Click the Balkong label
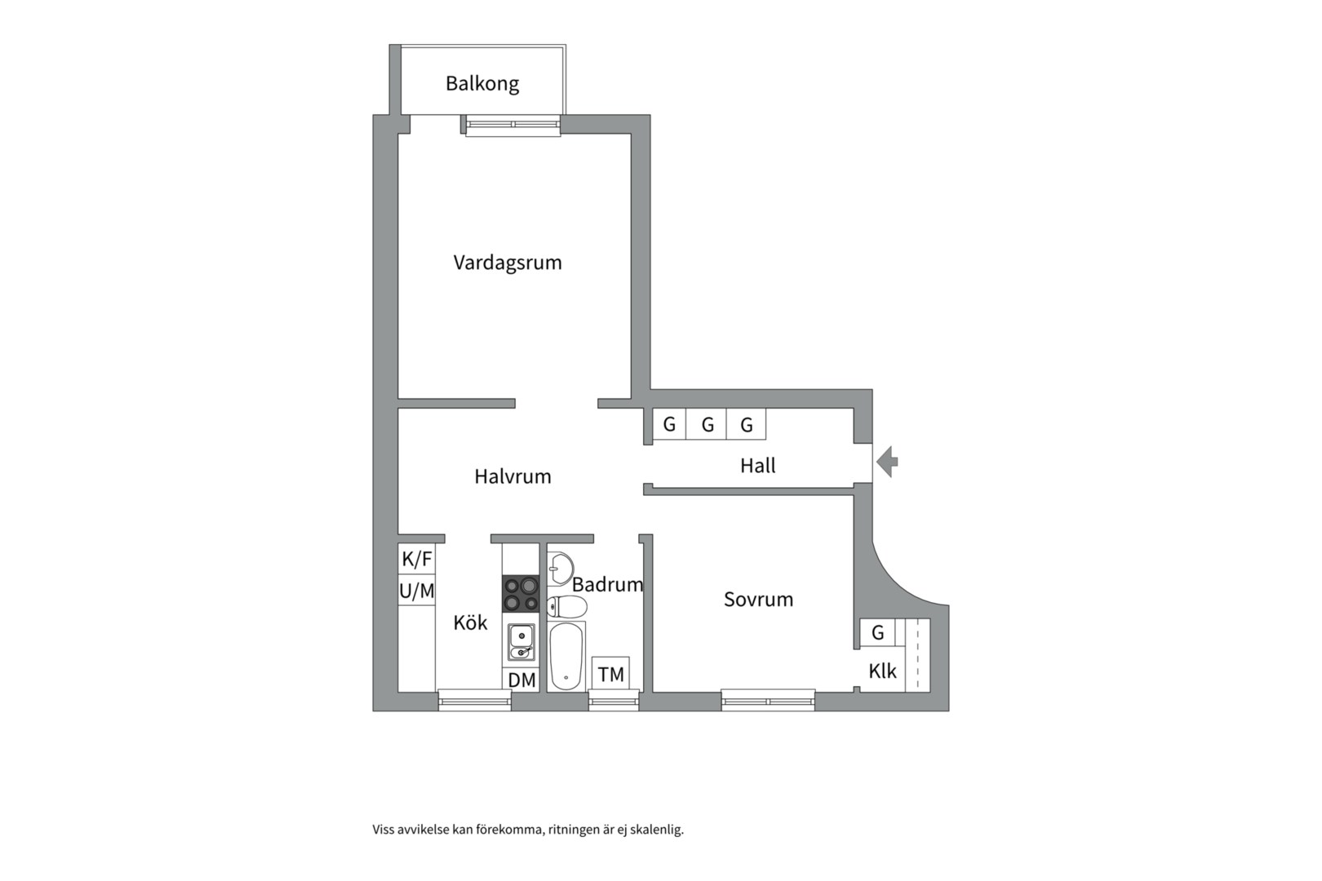pos(482,84)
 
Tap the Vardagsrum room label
pos(508,263)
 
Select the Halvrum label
pos(512,476)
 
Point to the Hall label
pos(758,466)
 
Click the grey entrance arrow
pos(887,462)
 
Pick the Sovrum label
pos(758,600)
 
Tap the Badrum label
pos(607,585)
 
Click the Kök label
pos(470,622)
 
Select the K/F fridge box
pos(417,558)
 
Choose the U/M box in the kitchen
pos(417,590)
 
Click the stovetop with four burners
pos(521,594)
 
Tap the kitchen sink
pos(521,642)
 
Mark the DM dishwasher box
pos(521,680)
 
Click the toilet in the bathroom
pos(567,606)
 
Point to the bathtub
pos(566,656)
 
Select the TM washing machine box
pos(611,673)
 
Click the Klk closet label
pos(882,671)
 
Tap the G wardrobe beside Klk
pos(877,632)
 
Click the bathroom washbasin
pos(560,569)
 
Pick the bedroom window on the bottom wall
pos(768,701)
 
